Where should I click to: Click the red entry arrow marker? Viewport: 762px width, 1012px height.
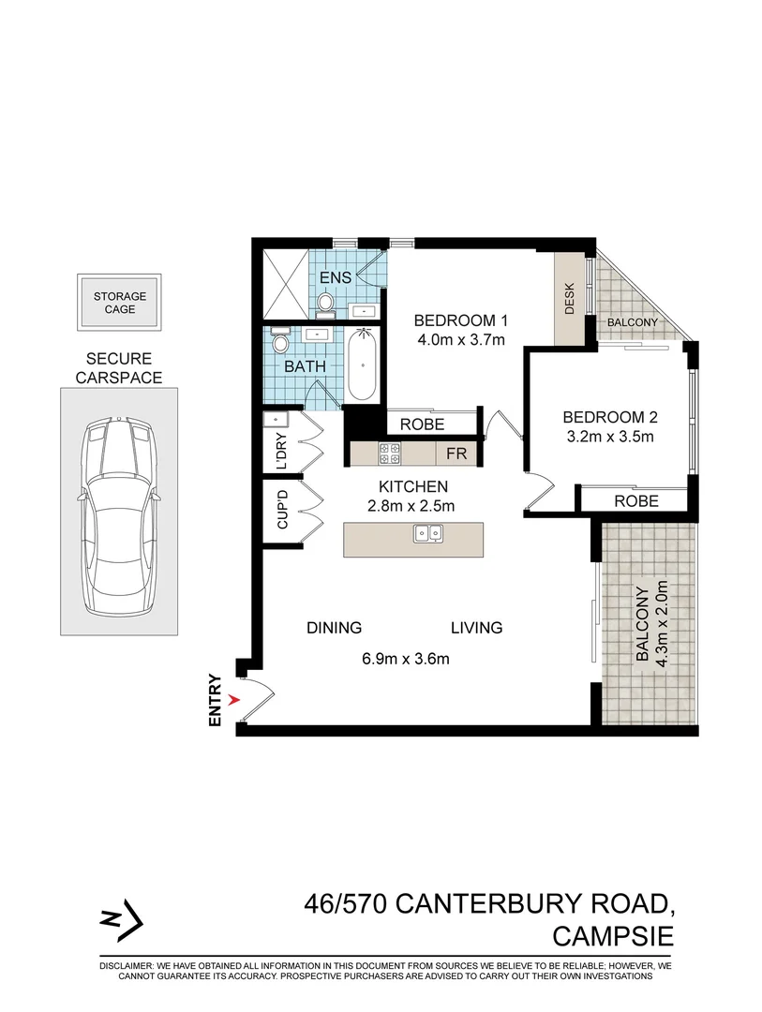(235, 699)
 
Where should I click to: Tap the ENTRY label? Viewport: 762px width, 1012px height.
(216, 700)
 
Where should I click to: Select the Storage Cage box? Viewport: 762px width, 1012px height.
(120, 303)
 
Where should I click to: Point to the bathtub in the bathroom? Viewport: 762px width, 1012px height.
(363, 366)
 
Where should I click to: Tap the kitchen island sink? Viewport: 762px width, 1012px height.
(429, 534)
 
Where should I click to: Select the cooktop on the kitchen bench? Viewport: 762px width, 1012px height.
(389, 454)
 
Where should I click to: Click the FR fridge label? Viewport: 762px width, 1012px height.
(456, 454)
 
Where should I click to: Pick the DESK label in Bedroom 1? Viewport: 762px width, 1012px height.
(568, 299)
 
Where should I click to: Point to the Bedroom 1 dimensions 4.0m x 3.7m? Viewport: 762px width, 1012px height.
(460, 339)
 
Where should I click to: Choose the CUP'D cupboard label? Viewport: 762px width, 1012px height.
(280, 512)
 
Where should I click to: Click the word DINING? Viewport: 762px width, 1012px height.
(334, 628)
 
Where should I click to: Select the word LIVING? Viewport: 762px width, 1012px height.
(476, 628)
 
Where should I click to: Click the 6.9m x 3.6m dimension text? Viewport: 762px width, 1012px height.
(405, 658)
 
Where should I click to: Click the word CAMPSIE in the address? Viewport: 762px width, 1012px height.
(613, 936)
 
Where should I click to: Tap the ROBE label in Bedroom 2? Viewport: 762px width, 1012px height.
(636, 501)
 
